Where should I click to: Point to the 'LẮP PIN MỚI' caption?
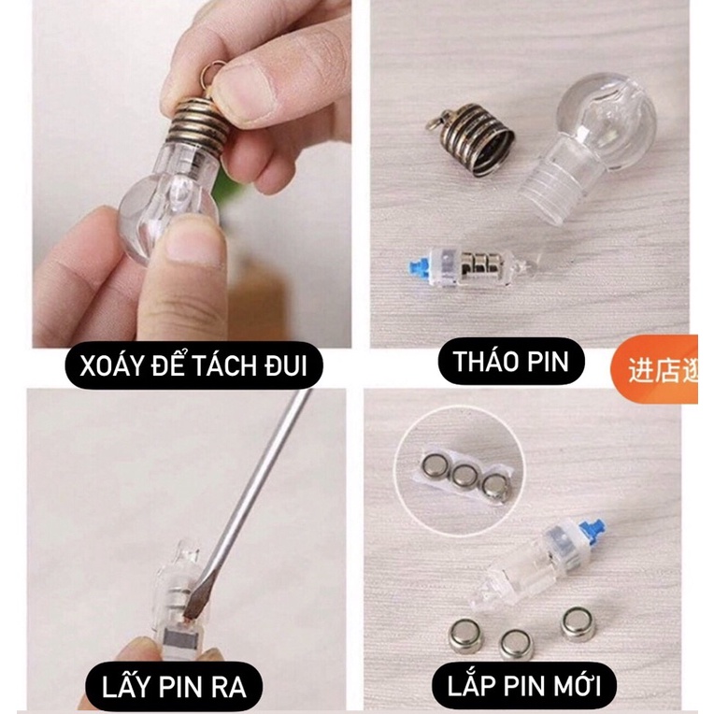tap(516, 687)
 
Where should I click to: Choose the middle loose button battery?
tap(515, 642)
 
